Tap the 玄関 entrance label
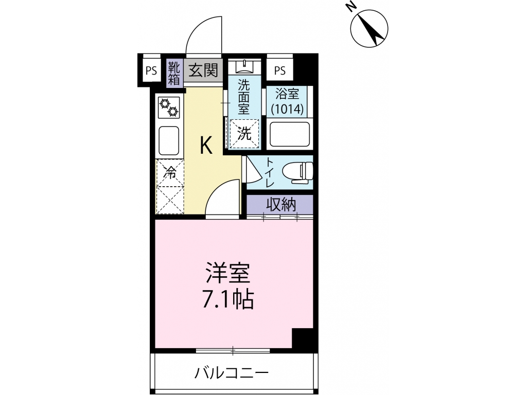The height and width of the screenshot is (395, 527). (x=203, y=70)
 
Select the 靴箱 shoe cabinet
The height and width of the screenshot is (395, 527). (x=174, y=73)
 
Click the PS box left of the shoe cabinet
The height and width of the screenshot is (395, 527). (x=151, y=71)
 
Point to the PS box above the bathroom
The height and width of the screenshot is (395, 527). (x=280, y=70)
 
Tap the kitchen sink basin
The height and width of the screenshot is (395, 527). (x=169, y=140)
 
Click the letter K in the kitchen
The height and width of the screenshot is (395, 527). (x=205, y=146)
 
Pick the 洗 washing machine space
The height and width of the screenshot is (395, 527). (x=244, y=135)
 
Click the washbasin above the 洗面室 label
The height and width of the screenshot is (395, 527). (x=243, y=66)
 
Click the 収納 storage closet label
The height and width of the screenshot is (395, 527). (x=280, y=205)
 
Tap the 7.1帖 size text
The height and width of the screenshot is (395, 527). (x=228, y=299)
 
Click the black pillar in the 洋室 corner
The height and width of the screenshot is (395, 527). (x=302, y=338)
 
